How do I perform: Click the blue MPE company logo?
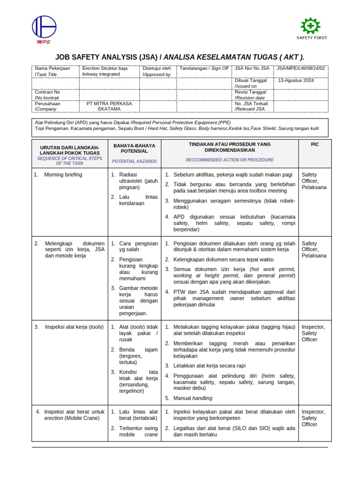[44, 28]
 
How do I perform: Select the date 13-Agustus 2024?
[296, 81]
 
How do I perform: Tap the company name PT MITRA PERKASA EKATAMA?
[109, 106]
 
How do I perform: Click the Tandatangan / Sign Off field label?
[204, 68]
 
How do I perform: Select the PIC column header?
[315, 144]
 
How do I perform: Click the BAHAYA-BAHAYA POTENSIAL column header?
[134, 148]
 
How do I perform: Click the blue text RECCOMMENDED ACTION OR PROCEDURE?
[230, 160]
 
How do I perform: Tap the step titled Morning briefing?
[63, 175]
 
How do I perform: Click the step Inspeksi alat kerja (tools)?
[73, 327]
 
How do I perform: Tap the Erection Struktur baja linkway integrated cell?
[105, 71]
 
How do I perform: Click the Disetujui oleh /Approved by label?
[157, 71]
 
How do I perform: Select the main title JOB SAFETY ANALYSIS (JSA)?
[106, 57]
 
